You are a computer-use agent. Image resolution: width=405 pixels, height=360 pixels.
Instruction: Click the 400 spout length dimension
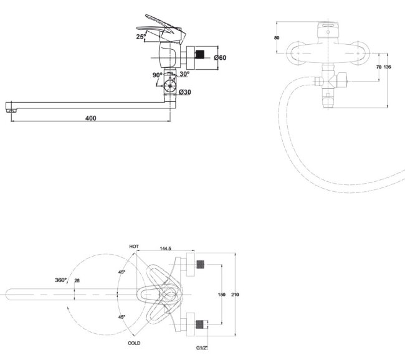click(x=91, y=118)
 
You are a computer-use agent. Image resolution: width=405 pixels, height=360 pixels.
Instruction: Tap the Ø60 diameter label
click(x=220, y=57)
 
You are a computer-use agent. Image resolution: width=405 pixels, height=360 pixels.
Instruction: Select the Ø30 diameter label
click(x=185, y=92)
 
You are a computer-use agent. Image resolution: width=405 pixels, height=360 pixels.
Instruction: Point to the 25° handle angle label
click(x=141, y=36)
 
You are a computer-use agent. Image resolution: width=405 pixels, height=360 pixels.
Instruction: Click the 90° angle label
click(x=157, y=75)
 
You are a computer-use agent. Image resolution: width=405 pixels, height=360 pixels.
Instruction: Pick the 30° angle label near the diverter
click(x=184, y=74)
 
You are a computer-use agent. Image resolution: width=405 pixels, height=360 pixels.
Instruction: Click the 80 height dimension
click(x=277, y=38)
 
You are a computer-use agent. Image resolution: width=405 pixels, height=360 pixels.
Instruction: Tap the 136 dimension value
click(x=388, y=67)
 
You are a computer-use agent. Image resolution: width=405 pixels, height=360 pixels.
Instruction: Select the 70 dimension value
click(x=379, y=67)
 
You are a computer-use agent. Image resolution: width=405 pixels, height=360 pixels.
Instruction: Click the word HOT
click(x=134, y=247)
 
